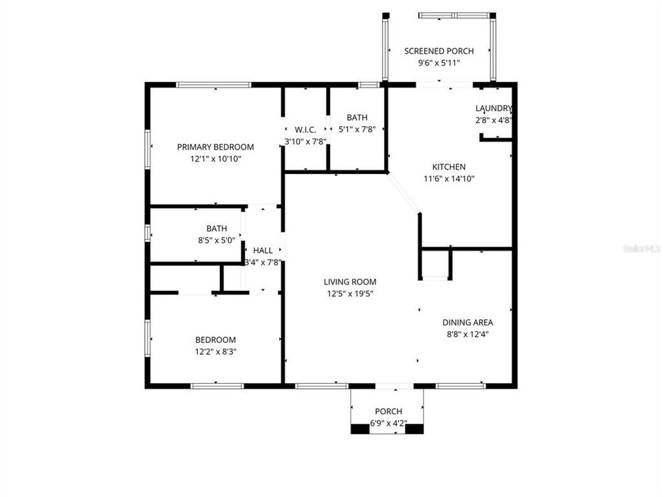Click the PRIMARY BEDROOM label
pyautogui.click(x=215, y=147)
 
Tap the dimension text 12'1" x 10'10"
pyautogui.click(x=215, y=159)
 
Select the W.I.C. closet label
pyautogui.click(x=305, y=130)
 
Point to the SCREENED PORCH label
pyautogui.click(x=439, y=51)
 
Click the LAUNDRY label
pyautogui.click(x=494, y=108)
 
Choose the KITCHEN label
pyautogui.click(x=449, y=167)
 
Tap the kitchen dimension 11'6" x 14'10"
pyautogui.click(x=449, y=179)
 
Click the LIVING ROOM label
pyautogui.click(x=350, y=282)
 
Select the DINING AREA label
pyautogui.click(x=468, y=322)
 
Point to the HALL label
pyautogui.click(x=263, y=251)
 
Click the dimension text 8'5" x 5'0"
pyautogui.click(x=217, y=240)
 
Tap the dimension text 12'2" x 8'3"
pyautogui.click(x=216, y=351)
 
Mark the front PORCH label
pyautogui.click(x=388, y=411)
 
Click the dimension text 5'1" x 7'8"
pyautogui.click(x=357, y=129)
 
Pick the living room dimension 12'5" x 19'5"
pyautogui.click(x=350, y=293)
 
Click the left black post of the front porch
pyautogui.click(x=360, y=429)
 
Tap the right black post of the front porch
pyautogui.click(x=414, y=429)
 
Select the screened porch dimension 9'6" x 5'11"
pyautogui.click(x=439, y=63)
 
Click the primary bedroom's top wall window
pyautogui.click(x=213, y=85)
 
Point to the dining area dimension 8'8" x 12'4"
pyautogui.click(x=468, y=334)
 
